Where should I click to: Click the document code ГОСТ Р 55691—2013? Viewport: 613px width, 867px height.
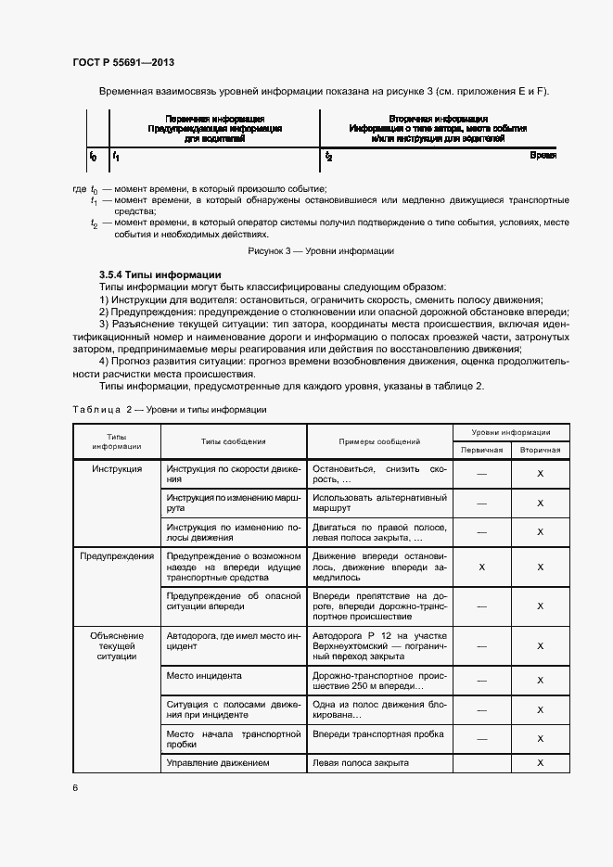122,62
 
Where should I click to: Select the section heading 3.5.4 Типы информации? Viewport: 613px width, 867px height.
160,274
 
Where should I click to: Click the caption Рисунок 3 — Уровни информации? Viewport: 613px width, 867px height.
321,251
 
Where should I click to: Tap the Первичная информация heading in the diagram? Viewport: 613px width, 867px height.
214,120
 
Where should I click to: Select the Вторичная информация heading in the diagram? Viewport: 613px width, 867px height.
438,120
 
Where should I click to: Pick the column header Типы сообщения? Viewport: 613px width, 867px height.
234,442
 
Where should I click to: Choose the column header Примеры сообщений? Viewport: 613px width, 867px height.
379,442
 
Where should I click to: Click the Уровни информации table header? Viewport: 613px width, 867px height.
511,432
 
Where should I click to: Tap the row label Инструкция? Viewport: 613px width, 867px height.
117,469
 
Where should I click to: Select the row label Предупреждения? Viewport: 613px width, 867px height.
117,555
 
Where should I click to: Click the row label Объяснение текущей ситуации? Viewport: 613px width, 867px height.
117,646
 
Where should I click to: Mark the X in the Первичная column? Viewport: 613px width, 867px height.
481,567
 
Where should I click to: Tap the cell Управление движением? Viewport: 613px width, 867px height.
217,762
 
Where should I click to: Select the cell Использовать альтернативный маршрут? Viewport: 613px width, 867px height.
379,503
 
